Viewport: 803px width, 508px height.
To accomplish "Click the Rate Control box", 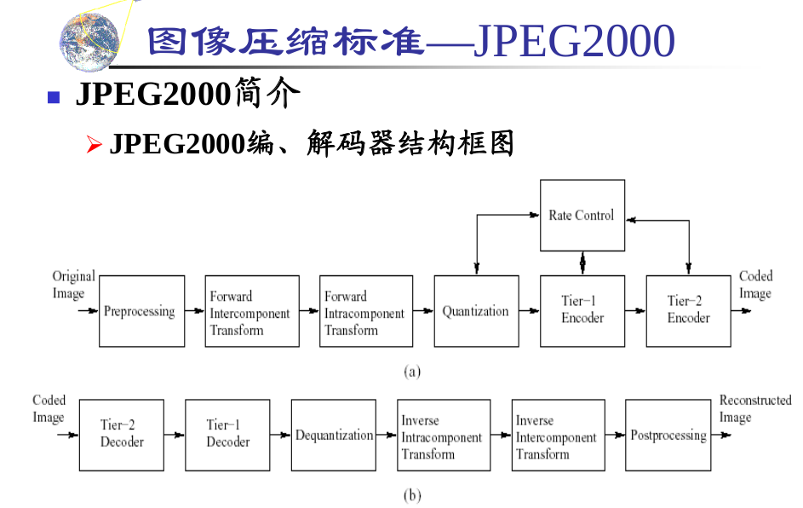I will pyautogui.click(x=582, y=216).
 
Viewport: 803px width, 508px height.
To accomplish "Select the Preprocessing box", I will pyautogui.click(x=141, y=311).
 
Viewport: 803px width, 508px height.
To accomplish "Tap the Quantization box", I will pyautogui.click(x=476, y=311).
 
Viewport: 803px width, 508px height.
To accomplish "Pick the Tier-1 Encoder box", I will pyautogui.click(x=582, y=311).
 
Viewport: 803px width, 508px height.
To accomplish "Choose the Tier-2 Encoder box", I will pyautogui.click(x=688, y=311).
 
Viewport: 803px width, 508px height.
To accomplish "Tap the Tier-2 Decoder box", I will pyautogui.click(x=122, y=435).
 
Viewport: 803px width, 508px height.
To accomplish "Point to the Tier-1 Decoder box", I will pyautogui.click(x=228, y=435).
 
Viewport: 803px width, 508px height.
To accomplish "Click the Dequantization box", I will pyautogui.click(x=334, y=435).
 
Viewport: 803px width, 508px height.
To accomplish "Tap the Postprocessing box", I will pyautogui.click(x=668, y=435).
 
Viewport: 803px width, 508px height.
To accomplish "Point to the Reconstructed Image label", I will pyautogui.click(x=754, y=408).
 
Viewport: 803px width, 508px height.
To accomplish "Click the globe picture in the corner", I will pyautogui.click(x=89, y=42).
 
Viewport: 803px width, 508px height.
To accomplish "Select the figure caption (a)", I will pyautogui.click(x=412, y=372).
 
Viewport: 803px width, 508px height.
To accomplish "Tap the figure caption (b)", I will pyautogui.click(x=412, y=495).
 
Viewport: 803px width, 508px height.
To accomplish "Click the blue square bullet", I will pyautogui.click(x=54, y=97).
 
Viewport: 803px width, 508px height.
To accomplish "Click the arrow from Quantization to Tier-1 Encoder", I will pyautogui.click(x=529, y=311).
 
